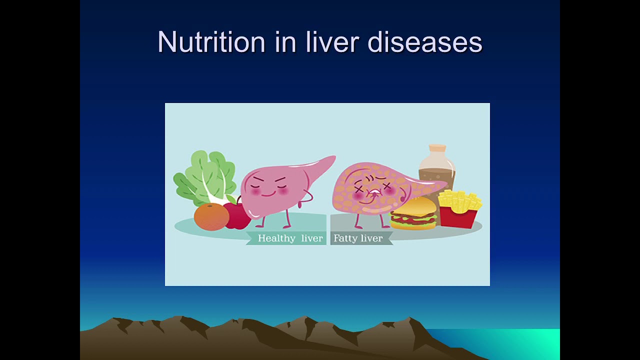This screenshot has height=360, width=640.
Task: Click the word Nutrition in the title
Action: tap(211, 42)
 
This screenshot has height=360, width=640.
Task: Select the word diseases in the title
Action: tap(425, 42)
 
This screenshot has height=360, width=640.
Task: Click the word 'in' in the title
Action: tap(285, 42)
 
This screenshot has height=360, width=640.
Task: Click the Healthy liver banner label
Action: tap(290, 238)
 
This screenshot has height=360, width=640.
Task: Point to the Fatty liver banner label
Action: tap(358, 238)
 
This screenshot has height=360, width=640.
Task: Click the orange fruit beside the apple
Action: tap(211, 216)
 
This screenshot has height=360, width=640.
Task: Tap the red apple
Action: tap(237, 215)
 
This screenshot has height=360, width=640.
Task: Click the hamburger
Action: tap(413, 213)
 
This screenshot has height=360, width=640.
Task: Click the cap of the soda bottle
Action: tap(437, 148)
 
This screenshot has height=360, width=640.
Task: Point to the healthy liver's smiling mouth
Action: tap(268, 195)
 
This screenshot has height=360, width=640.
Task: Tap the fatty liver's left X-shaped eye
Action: tap(359, 188)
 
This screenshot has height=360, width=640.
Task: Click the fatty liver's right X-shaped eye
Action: tap(387, 186)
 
